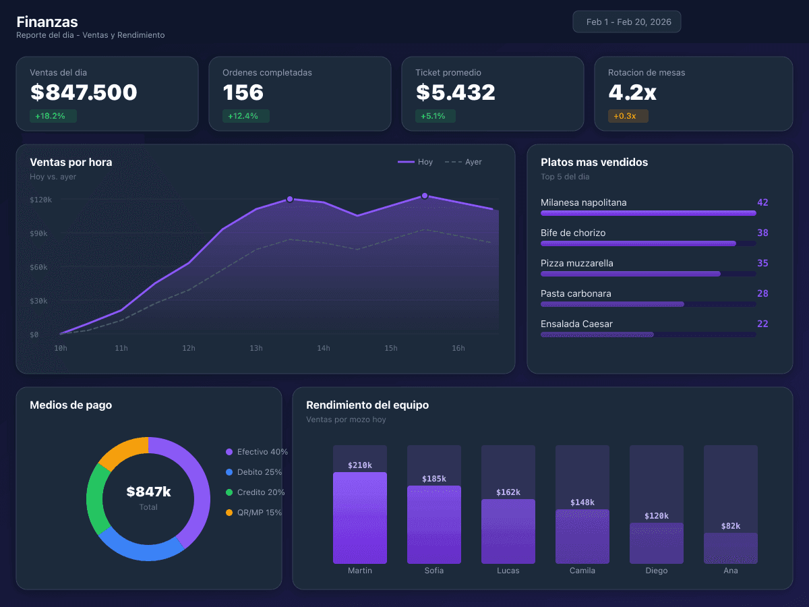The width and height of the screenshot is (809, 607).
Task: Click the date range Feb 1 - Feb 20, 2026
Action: point(627,22)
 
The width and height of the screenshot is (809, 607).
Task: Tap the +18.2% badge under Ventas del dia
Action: point(53,116)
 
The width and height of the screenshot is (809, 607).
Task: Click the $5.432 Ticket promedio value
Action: point(455,92)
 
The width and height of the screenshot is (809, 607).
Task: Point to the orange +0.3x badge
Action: point(627,116)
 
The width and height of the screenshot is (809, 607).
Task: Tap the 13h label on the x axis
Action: point(256,348)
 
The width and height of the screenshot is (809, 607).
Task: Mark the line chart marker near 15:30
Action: point(425,196)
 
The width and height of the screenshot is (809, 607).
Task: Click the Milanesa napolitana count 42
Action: point(762,202)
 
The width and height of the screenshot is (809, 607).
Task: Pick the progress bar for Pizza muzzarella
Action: point(630,274)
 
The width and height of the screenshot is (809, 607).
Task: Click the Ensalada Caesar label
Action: point(576,324)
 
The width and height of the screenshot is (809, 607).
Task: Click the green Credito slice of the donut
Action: point(95,498)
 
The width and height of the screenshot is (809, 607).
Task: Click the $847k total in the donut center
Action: point(148,492)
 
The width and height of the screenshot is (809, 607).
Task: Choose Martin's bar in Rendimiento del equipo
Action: point(360,518)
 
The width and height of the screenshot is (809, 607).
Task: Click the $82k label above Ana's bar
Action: point(731,526)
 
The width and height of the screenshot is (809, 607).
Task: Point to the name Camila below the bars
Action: point(582,571)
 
